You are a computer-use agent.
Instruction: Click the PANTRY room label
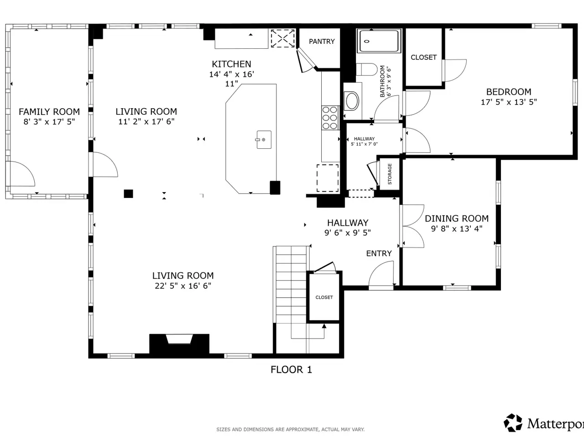[x=322, y=42]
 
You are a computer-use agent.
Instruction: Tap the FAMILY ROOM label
[x=49, y=112]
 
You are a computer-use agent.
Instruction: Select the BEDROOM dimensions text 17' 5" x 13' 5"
[x=509, y=102]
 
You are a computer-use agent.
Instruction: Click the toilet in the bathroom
[x=367, y=69]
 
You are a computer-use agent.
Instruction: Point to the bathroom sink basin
[x=351, y=101]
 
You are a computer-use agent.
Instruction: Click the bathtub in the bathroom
[x=379, y=41]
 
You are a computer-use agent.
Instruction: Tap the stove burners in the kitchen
[x=330, y=118]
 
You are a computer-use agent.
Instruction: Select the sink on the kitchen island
[x=264, y=140]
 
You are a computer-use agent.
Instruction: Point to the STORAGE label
[x=390, y=174]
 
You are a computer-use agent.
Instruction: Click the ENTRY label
[x=379, y=253]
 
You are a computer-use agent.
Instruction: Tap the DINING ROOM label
[x=457, y=219]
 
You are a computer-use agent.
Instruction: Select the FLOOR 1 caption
[x=291, y=370]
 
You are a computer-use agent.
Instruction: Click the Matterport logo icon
[x=513, y=422]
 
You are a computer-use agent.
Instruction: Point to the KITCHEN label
[x=231, y=64]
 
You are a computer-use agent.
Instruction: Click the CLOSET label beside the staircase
[x=324, y=297]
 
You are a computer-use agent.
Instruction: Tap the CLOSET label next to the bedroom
[x=423, y=57]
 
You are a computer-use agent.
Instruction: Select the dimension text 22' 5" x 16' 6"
[x=183, y=286]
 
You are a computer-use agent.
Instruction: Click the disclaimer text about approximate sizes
[x=291, y=429]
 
